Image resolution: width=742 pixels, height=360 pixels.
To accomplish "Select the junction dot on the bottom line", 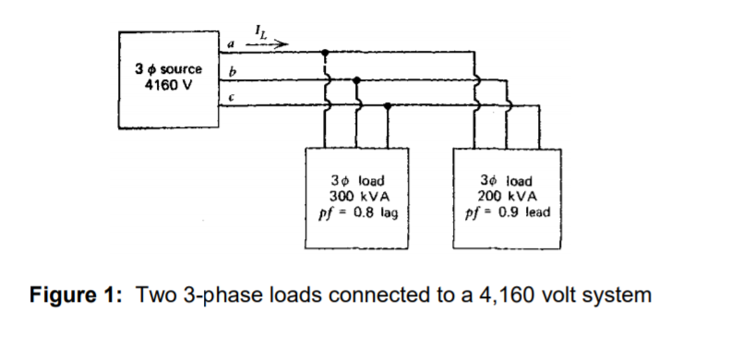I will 388,106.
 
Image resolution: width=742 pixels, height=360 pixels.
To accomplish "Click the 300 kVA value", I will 356,196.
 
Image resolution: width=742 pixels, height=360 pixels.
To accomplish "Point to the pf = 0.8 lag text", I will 356,210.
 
